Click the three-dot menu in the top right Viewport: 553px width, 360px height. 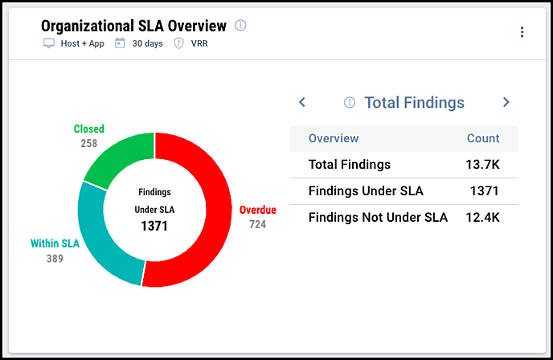522,32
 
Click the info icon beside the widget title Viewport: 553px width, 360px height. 240,26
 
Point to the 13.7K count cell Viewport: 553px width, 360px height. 483,165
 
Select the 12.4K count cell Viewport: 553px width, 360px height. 483,217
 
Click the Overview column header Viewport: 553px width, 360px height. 334,138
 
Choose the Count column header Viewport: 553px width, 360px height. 483,138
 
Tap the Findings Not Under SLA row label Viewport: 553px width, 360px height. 378,217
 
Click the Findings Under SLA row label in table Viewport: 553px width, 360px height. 366,191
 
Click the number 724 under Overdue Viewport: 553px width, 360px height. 257,225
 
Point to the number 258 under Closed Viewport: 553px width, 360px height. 89,144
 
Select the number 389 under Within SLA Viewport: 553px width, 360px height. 55,259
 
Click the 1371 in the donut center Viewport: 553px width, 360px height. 154,227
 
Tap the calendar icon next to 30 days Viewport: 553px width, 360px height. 120,43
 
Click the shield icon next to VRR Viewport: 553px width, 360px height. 178,43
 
